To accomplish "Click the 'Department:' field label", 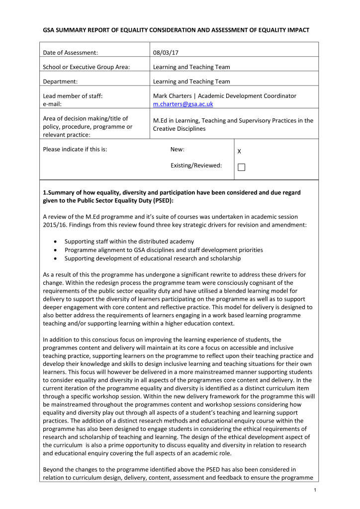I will coord(62,82).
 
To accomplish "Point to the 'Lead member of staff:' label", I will coord(73,96).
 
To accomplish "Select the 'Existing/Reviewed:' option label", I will coord(196,165).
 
